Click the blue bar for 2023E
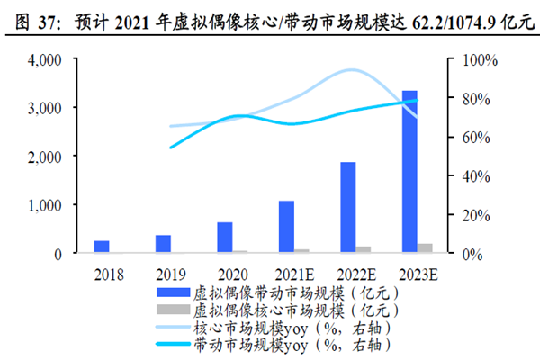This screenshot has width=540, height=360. coord(409,172)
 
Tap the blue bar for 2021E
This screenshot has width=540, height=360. coord(286,227)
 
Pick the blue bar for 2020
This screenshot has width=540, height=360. coord(224,238)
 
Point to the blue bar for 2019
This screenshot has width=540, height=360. coord(163,244)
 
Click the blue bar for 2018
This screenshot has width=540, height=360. coord(102,247)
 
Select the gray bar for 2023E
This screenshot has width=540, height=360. coord(425,248)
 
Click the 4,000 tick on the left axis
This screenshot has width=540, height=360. coord(42,59)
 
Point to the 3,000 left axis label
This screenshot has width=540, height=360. coord(42,108)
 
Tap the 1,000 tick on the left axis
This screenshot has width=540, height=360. coord(42,205)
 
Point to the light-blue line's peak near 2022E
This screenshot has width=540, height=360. coord(351,70)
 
